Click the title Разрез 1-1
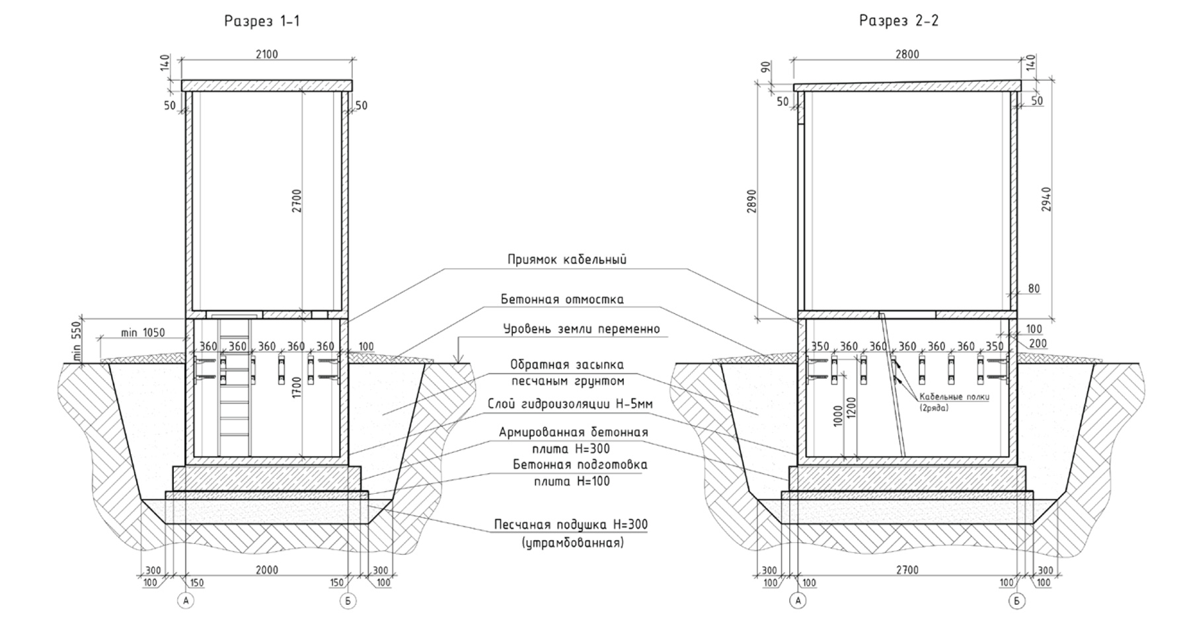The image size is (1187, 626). coord(262,21)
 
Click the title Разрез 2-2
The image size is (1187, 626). coord(898,21)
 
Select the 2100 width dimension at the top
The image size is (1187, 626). coord(266,54)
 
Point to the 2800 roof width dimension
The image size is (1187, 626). coord(907,54)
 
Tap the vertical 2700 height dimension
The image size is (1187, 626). coord(297,200)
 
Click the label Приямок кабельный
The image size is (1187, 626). coord(566,260)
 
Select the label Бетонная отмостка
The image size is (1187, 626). coord(562,299)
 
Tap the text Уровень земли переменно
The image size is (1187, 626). coord(581,329)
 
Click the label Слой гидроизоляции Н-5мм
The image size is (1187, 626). coord(564,404)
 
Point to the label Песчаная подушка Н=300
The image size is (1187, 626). coord(570,525)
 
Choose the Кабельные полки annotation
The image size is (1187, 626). coord(954,397)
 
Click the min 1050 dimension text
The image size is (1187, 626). coord(143,333)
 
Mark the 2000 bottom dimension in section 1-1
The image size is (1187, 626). coord(266,570)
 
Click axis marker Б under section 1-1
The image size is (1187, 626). coord(349,601)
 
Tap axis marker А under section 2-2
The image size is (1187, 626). coord(798,601)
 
